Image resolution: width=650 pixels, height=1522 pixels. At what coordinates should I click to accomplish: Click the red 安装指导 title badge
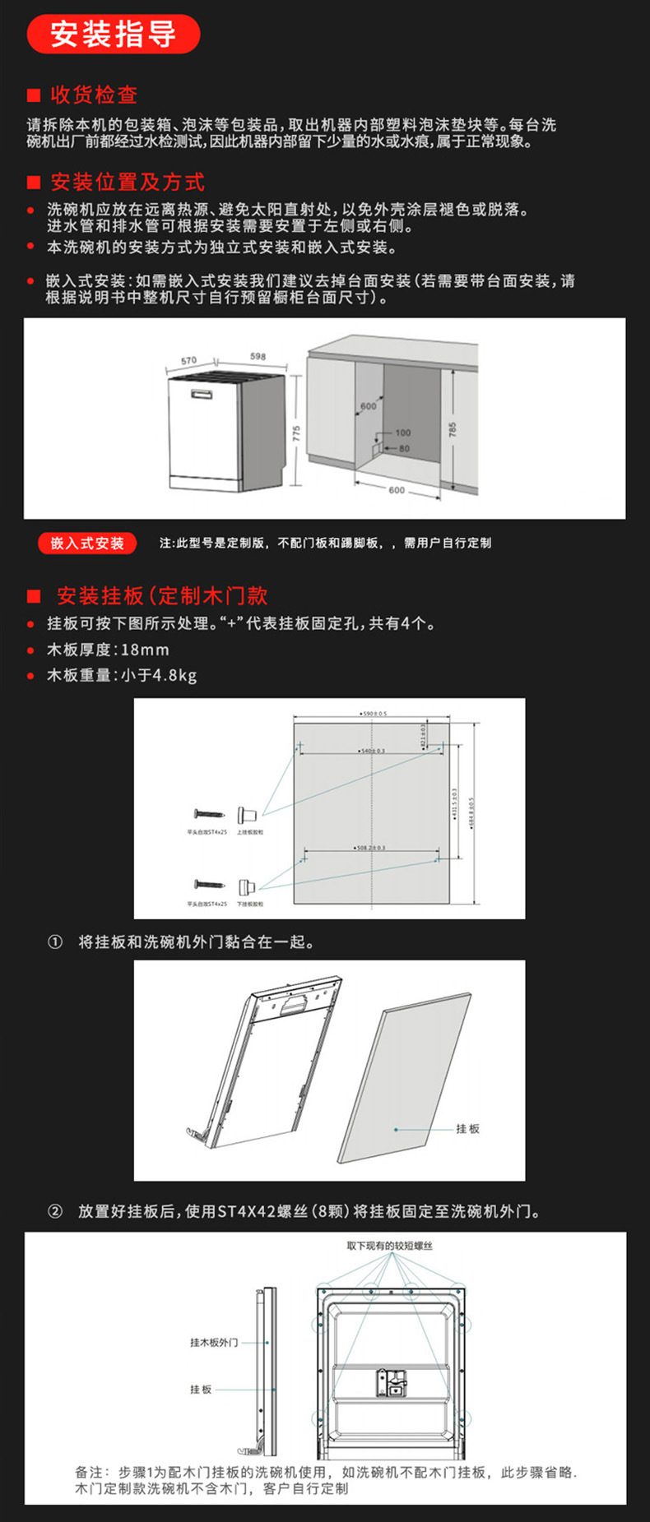tap(113, 35)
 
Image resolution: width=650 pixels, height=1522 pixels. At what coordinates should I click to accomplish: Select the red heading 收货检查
tap(94, 95)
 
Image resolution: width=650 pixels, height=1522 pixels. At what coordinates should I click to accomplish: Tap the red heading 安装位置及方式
tap(127, 182)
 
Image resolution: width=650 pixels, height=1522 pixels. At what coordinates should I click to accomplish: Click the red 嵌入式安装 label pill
tap(87, 543)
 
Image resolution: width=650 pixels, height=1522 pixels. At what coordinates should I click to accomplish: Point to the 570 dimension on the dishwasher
tap(188, 360)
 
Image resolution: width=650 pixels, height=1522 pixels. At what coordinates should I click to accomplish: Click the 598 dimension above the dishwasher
tap(258, 356)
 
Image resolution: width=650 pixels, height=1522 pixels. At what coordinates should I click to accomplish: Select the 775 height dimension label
tap(296, 433)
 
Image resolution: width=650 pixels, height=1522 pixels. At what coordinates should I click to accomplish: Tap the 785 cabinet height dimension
tap(452, 430)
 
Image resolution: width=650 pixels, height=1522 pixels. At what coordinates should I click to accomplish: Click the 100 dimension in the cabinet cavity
tap(402, 433)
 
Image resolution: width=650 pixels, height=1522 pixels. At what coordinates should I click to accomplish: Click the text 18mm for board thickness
tap(145, 650)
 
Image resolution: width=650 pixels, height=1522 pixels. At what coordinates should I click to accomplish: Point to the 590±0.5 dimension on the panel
tap(374, 714)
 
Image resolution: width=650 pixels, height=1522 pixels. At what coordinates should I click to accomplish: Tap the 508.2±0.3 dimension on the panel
tap(371, 847)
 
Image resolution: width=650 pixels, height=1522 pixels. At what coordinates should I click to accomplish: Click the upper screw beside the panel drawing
tap(208, 813)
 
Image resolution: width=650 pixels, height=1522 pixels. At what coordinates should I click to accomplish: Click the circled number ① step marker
tap(55, 942)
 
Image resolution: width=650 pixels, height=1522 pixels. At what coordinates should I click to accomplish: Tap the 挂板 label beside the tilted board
tap(467, 1129)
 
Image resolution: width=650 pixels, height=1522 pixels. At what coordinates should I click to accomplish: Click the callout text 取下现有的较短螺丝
tap(389, 1246)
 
